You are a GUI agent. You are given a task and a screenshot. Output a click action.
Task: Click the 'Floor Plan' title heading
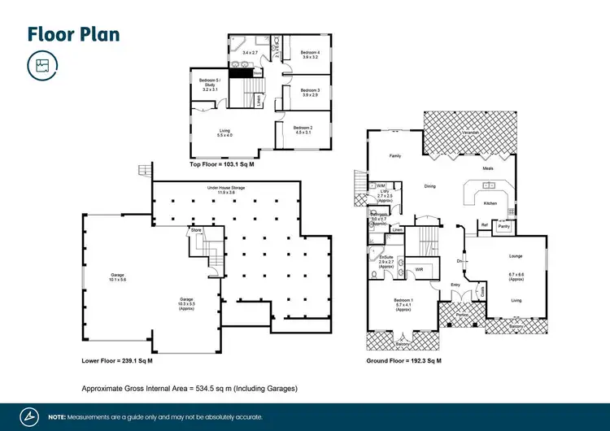[74, 33]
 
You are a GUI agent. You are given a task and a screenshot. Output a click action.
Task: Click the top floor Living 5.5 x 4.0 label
[225, 133]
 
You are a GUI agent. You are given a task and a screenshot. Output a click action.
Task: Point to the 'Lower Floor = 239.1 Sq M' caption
[117, 359]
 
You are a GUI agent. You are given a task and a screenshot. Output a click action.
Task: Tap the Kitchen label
[490, 203]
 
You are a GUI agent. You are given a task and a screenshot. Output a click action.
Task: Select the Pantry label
[504, 227]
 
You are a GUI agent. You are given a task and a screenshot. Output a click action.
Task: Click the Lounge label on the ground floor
[516, 256]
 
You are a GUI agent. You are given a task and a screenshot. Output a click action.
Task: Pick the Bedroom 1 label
[404, 303]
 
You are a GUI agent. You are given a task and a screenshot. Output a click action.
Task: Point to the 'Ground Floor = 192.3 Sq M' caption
[403, 359]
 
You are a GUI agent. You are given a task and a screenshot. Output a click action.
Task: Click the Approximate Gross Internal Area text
[190, 388]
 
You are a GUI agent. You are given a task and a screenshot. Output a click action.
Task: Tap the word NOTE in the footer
[57, 416]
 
